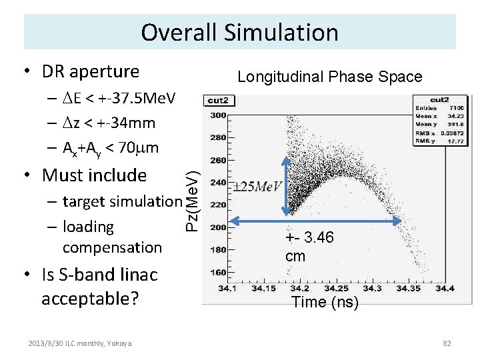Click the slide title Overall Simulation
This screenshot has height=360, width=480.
[x=239, y=32]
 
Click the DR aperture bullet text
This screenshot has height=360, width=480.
[x=90, y=71]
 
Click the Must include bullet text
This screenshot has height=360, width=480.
[x=93, y=175]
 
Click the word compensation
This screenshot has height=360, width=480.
[x=111, y=247]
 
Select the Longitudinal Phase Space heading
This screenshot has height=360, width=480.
[x=330, y=77]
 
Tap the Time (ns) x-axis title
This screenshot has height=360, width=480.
[x=325, y=302]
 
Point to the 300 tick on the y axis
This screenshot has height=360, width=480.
[x=218, y=116]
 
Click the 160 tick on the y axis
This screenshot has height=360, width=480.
[x=218, y=272]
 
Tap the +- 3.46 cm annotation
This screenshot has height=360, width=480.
[x=309, y=247]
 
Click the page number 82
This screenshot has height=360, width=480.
[x=447, y=343]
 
